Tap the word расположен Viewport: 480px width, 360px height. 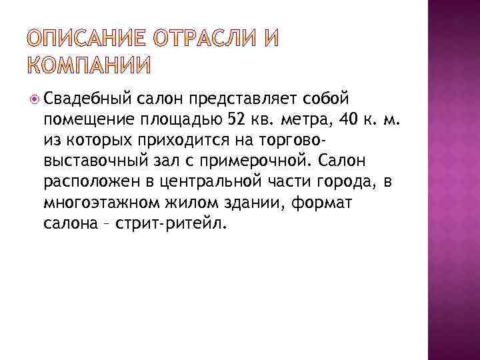[88, 182]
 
